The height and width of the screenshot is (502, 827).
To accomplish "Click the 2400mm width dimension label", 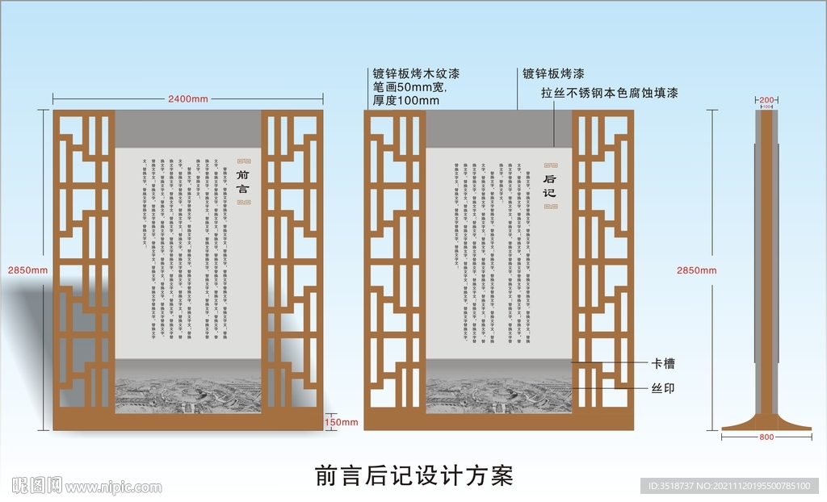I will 188,98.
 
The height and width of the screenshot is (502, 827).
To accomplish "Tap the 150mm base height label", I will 341,422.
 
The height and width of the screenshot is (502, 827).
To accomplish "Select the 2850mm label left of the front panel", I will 22,270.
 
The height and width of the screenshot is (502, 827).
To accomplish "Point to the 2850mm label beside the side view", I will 695,270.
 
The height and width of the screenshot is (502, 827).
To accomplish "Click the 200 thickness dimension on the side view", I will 767,99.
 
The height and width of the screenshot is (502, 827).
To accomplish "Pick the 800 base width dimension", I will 766,437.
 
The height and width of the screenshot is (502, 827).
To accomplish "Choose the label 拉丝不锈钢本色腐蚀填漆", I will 609,93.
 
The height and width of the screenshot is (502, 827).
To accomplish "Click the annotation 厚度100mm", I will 406,101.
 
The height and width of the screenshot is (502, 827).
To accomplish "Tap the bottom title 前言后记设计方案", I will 413,475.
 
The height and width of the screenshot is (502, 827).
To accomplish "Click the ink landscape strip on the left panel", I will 189,395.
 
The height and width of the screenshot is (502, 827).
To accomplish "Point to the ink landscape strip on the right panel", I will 499,395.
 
